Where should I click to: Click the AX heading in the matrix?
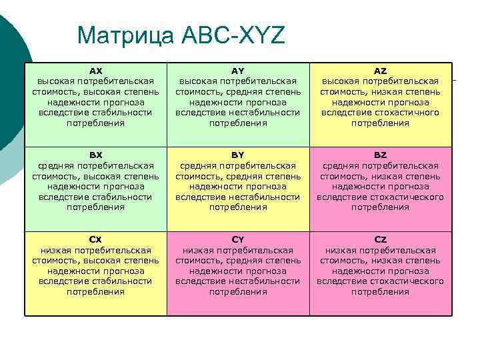pyautogui.click(x=96, y=70)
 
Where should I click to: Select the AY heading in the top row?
pyautogui.click(x=238, y=70)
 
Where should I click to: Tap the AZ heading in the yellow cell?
pyautogui.click(x=380, y=70)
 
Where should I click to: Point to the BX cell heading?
pyautogui.click(x=96, y=155)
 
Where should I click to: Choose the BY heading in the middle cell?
pyautogui.click(x=238, y=155)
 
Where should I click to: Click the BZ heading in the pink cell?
pyautogui.click(x=380, y=155)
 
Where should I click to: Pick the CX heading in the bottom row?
pyautogui.click(x=96, y=239)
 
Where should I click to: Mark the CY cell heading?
pyautogui.click(x=238, y=239)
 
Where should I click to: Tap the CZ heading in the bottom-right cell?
pyautogui.click(x=380, y=239)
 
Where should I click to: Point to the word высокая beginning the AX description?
pyautogui.click(x=57, y=81)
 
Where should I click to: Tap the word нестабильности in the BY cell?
pyautogui.click(x=267, y=197)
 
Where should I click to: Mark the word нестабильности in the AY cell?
pyautogui.click(x=267, y=113)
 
